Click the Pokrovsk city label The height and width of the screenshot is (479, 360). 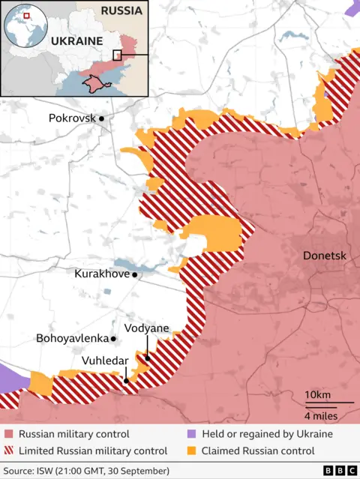[72, 118]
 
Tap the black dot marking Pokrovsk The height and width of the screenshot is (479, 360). [101, 118]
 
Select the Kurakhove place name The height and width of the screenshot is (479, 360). [102, 274]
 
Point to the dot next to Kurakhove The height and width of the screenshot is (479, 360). [135, 275]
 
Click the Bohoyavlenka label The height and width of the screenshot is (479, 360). [72, 338]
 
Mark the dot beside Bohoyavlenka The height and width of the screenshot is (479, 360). [113, 339]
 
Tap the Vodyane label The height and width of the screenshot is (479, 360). [146, 328]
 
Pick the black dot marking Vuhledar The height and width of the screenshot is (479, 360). [126, 381]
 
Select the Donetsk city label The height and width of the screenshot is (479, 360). [324, 256]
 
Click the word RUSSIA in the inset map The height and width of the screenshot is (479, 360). [121, 11]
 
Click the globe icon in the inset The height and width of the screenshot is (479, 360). [23, 23]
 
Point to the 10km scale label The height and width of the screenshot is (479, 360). [317, 395]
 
